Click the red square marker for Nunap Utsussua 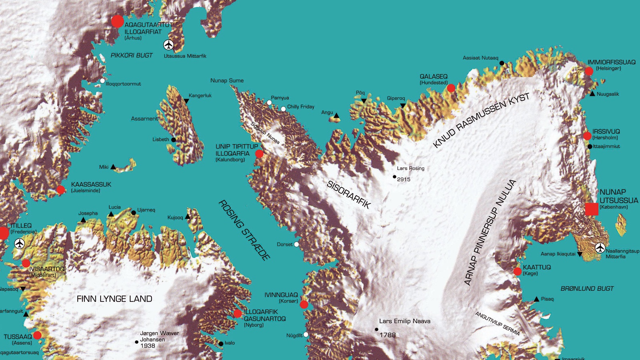coord(592,209)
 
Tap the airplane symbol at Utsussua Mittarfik coord(169,45)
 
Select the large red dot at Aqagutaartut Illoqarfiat coord(117,21)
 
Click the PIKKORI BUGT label coord(131,55)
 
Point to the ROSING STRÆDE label coord(244,230)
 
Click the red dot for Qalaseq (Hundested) coord(451,88)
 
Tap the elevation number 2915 coord(404,179)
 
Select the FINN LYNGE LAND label coord(114,299)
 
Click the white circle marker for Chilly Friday coord(283,109)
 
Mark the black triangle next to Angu coord(336,116)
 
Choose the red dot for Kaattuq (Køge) coord(517,272)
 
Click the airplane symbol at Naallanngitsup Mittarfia coord(600,248)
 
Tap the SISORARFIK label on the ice coord(349,195)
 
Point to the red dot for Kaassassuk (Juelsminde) coord(60,190)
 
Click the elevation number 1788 coord(387,335)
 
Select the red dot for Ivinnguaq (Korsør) coord(304,304)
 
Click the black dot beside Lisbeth coord(173,140)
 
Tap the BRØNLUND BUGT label coord(587,288)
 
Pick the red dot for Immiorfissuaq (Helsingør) coord(589,71)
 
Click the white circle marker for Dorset coord(296,244)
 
